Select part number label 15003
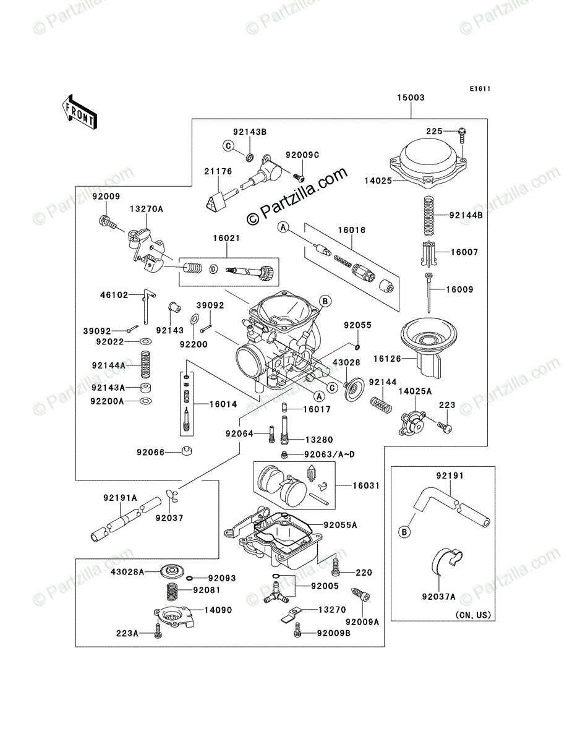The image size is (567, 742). click(x=411, y=98)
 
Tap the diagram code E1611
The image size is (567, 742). click(x=479, y=89)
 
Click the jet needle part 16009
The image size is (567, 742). click(x=428, y=292)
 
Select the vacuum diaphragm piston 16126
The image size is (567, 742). click(x=428, y=348)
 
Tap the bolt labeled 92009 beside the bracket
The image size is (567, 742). click(x=108, y=222)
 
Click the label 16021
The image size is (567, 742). click(x=226, y=238)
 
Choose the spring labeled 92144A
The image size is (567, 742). click(x=145, y=364)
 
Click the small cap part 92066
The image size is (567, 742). click(x=187, y=451)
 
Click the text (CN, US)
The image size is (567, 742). click(x=473, y=615)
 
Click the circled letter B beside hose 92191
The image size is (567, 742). click(x=404, y=532)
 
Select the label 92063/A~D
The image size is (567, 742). click(x=329, y=454)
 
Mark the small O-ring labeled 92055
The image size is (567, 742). click(x=357, y=347)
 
